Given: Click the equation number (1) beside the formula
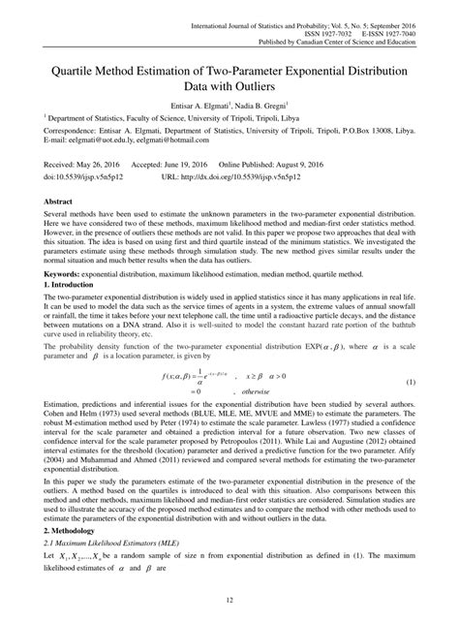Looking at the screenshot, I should [x=437, y=381].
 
